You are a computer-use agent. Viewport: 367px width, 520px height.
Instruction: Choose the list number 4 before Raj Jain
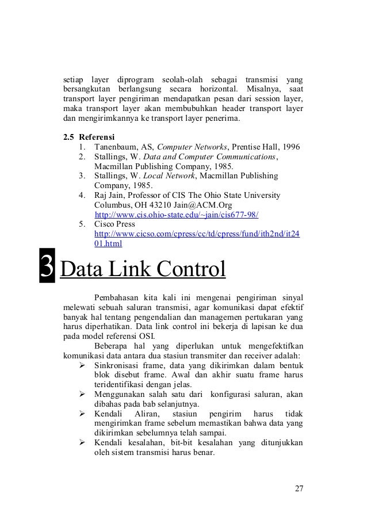(82, 195)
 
